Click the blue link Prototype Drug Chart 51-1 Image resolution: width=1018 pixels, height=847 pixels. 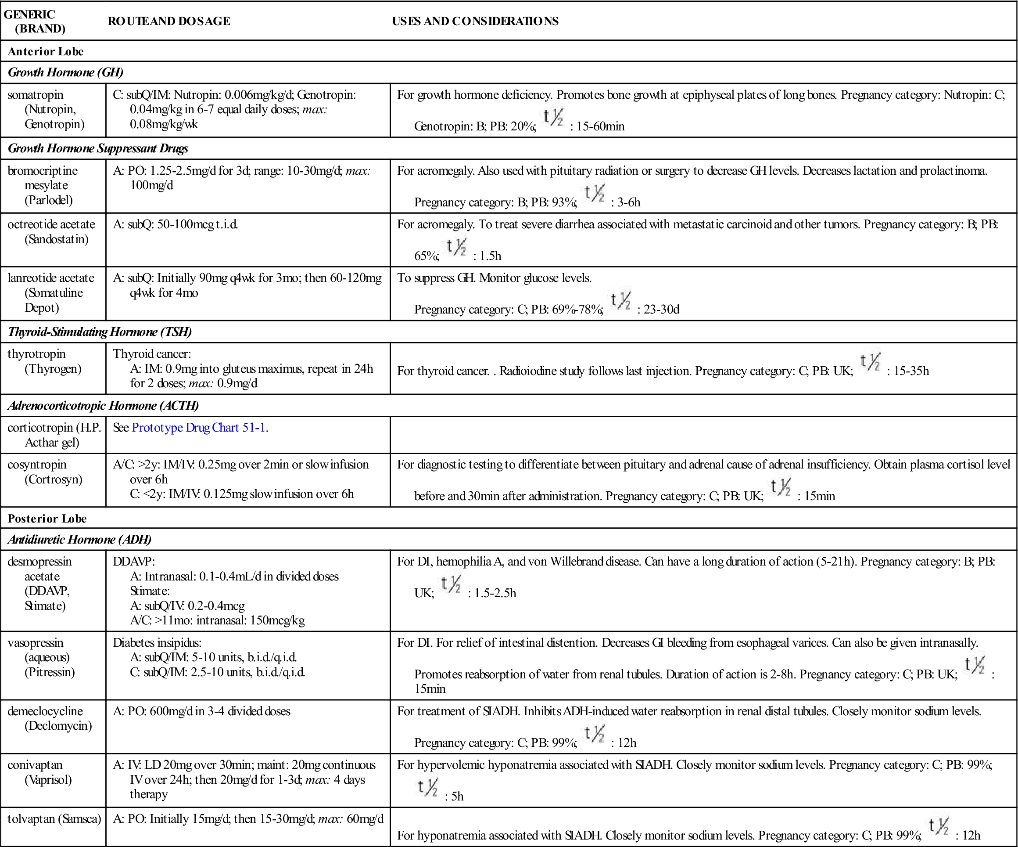[x=198, y=427]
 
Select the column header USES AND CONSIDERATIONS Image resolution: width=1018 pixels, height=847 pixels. [x=475, y=22]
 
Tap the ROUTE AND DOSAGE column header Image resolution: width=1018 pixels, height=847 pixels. [x=168, y=22]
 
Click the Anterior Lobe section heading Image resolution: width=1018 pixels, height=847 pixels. [x=46, y=51]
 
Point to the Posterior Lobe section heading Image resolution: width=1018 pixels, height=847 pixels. [x=47, y=519]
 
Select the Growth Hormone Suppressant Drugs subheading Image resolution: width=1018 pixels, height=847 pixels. [x=98, y=148]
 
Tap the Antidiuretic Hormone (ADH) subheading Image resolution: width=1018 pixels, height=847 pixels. [x=79, y=540]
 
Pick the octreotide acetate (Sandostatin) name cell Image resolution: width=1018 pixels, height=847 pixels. [x=52, y=232]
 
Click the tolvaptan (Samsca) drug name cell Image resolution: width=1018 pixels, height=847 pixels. [x=54, y=819]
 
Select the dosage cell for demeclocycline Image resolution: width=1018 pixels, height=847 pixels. [x=202, y=711]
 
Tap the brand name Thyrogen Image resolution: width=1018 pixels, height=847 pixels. [x=53, y=369]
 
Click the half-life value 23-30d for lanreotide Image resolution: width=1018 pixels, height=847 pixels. [x=661, y=310]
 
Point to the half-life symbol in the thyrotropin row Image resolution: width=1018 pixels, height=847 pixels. [x=870, y=362]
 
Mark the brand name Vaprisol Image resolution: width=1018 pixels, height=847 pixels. [x=48, y=779]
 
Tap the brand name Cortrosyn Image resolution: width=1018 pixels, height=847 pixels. [x=54, y=479]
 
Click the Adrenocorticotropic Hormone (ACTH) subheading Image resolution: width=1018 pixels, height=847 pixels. [x=103, y=406]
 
